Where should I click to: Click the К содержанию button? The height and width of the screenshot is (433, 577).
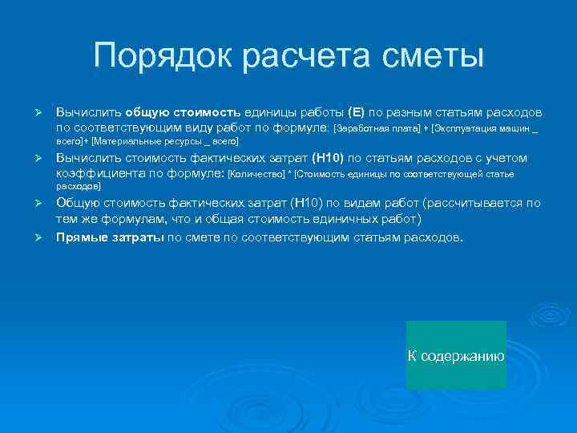[x=456, y=355]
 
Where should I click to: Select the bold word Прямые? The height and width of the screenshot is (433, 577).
[x=80, y=238]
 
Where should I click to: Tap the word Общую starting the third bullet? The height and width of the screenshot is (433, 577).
[x=77, y=204]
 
